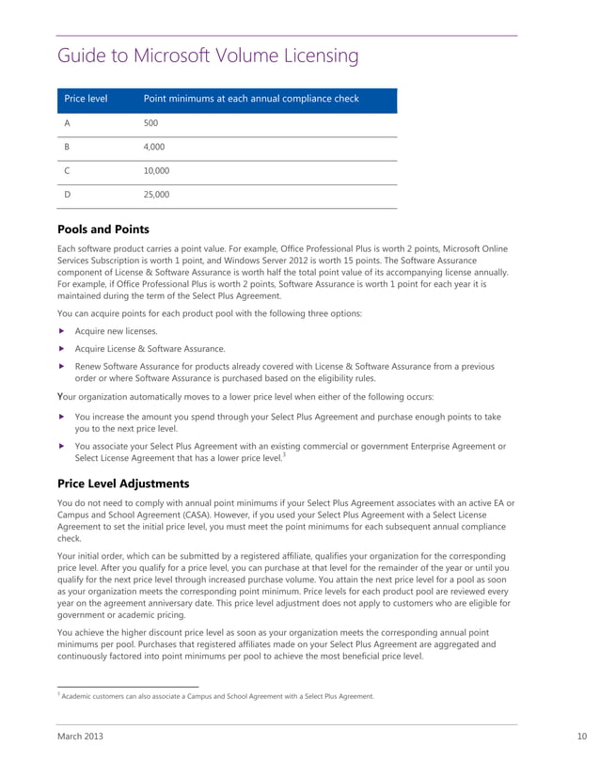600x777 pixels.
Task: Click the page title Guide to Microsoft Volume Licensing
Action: click(x=208, y=56)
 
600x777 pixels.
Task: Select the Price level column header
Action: click(x=86, y=99)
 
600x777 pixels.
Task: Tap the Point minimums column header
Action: click(x=250, y=99)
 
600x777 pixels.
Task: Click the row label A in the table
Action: click(x=67, y=123)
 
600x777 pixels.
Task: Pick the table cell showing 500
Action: click(x=150, y=123)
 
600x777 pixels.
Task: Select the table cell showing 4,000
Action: click(x=155, y=148)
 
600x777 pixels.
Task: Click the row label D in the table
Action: click(x=67, y=195)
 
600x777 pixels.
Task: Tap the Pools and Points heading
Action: click(x=103, y=229)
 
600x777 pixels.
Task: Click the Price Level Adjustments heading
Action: click(x=123, y=484)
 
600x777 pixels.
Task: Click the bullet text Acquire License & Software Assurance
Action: click(x=150, y=348)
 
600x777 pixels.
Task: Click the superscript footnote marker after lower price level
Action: click(x=284, y=455)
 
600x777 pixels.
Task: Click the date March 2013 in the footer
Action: click(x=81, y=737)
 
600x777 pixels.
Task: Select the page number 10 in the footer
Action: click(x=580, y=737)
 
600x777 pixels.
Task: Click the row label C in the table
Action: click(x=67, y=171)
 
